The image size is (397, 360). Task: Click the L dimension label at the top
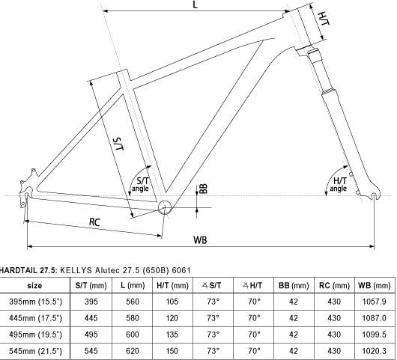[x=195, y=6]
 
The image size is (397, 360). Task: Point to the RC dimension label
[x=95, y=222]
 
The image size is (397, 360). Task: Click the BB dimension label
[x=202, y=189]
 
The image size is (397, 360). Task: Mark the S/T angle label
[x=140, y=184]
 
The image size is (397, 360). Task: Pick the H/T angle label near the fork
[x=339, y=184]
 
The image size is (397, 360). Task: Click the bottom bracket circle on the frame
[x=166, y=206]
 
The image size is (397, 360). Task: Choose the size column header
[x=34, y=286]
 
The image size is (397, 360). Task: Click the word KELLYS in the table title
[x=76, y=270]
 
